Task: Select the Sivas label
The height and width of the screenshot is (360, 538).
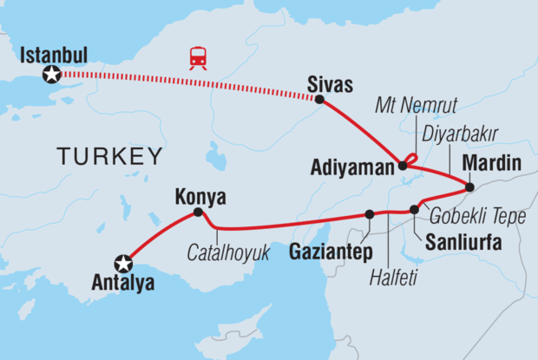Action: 329,83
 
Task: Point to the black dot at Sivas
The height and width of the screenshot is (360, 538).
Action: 319,100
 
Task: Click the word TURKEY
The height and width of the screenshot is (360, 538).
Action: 109,156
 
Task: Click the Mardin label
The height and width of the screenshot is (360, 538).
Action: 492,163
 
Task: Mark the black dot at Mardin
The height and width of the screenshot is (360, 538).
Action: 469,187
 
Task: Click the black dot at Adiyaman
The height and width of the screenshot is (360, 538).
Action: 403,164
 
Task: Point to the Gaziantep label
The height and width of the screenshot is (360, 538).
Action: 325,249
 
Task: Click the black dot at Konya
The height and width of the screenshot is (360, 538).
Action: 198,212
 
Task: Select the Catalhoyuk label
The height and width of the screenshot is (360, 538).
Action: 230,252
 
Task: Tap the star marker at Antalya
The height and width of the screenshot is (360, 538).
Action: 125,261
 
